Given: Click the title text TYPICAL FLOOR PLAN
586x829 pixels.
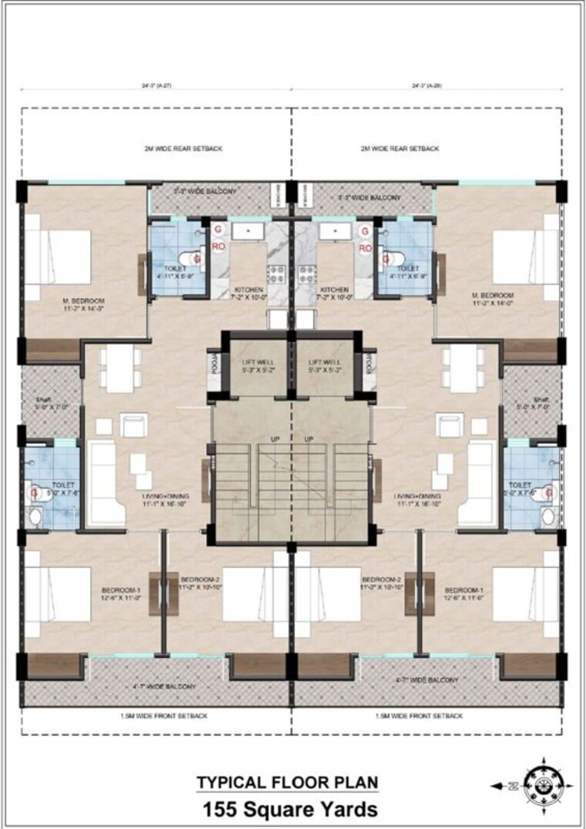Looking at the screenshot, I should click(288, 783).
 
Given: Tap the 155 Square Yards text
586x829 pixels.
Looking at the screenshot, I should click(290, 809).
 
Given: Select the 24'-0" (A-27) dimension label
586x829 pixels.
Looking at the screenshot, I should click(156, 86).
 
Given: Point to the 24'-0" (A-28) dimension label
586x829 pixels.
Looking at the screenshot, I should click(426, 86).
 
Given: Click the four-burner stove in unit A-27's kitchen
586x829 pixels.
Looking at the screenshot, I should click(275, 273).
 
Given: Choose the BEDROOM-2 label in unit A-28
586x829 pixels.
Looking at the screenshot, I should click(380, 579).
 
